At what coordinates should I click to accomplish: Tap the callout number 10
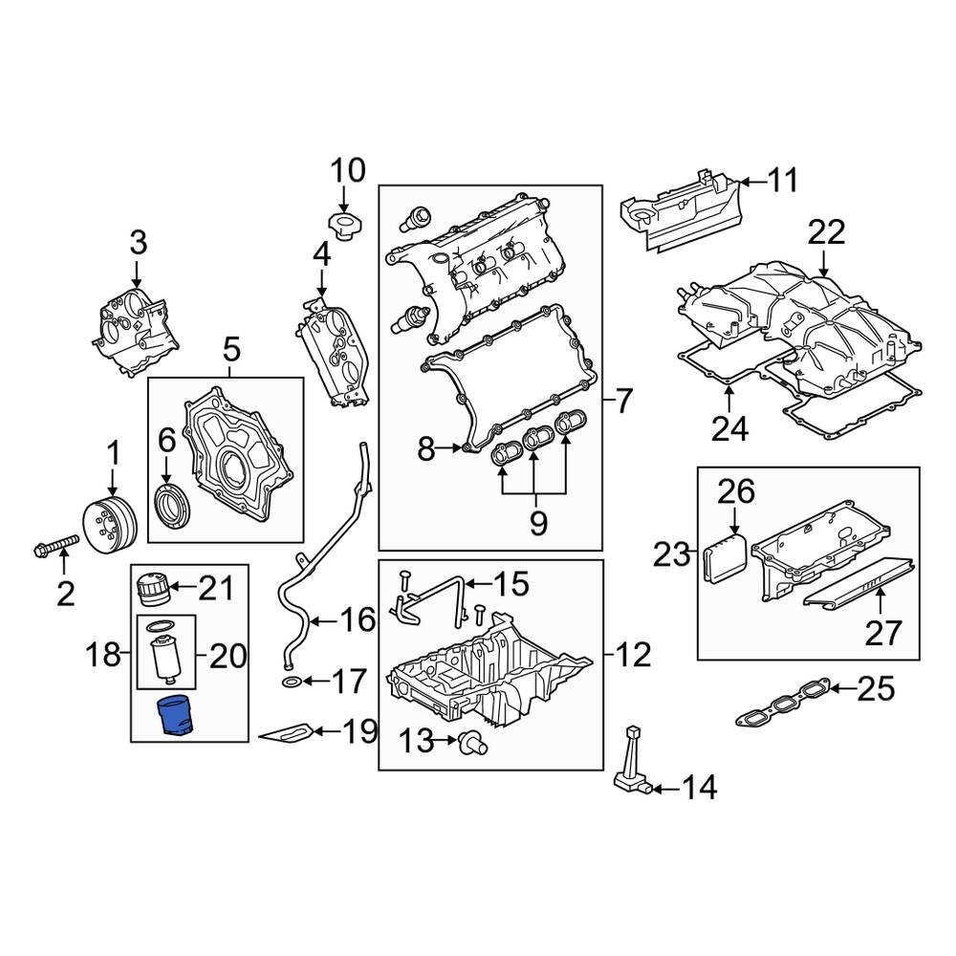tap(347, 171)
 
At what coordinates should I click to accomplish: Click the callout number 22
tap(826, 232)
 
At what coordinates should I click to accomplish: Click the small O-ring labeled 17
tap(294, 682)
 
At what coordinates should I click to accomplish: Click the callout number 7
tap(622, 401)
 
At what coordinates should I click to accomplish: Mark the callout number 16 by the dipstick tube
tap(358, 620)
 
